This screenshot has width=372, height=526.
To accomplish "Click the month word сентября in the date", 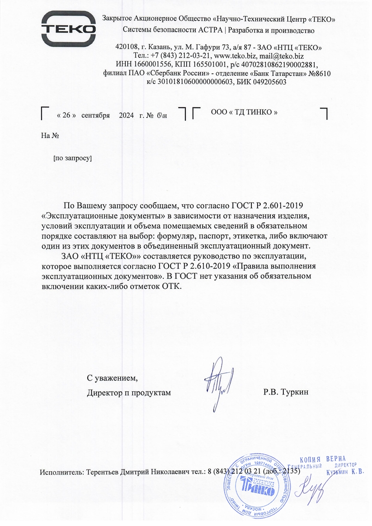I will point(95,115).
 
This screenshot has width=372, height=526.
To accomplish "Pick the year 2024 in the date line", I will point(126,115).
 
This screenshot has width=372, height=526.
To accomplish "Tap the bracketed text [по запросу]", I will point(72,159).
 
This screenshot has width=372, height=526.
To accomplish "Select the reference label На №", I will point(50,135).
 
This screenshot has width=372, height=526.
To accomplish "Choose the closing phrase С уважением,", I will point(112,378).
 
